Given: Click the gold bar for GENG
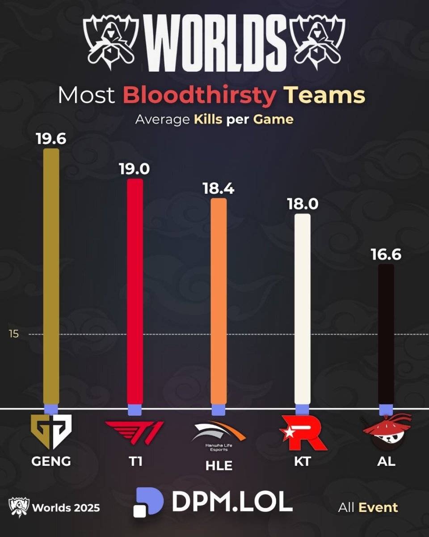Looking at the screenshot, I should (x=51, y=277).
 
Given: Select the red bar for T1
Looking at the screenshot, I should (x=135, y=293).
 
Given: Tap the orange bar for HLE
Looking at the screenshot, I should (x=219, y=302).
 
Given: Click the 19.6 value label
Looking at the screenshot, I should (x=51, y=138).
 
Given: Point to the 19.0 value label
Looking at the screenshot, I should (x=135, y=169).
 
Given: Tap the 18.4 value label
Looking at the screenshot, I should (x=218, y=188).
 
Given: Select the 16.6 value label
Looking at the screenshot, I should (x=386, y=254).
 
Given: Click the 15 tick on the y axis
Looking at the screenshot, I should (x=14, y=334).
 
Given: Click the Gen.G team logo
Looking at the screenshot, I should (x=51, y=432).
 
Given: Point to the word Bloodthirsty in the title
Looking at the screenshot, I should (x=199, y=95).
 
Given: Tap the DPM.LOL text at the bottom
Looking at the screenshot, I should (x=232, y=503).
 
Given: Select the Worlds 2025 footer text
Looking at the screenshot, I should (x=66, y=508).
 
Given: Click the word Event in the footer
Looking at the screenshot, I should (x=378, y=507).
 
